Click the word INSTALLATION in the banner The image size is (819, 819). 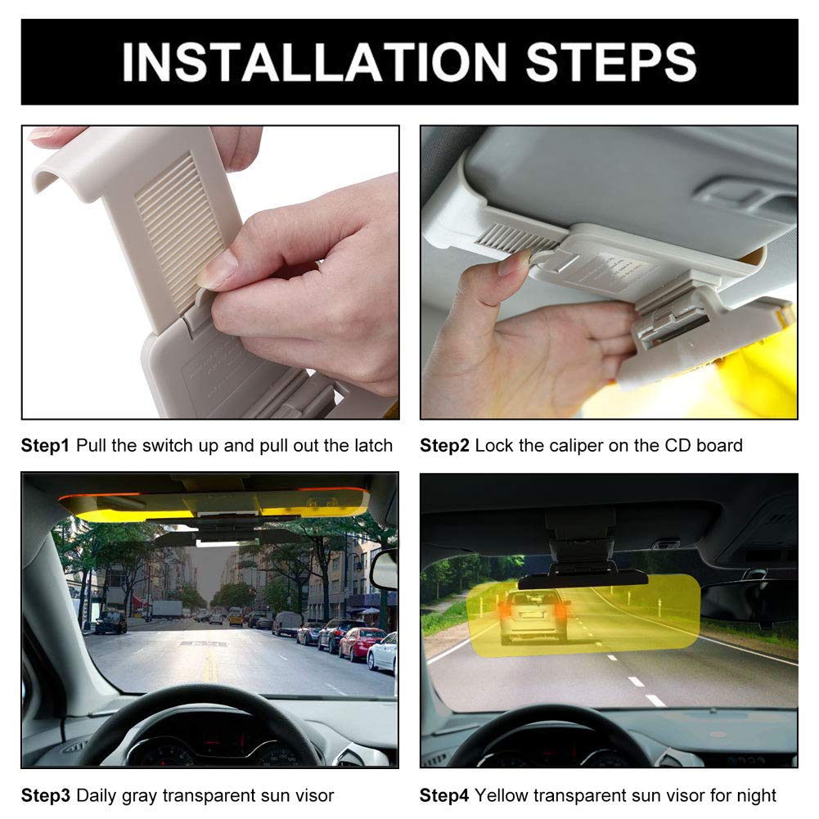(x=315, y=63)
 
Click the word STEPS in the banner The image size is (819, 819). (x=611, y=63)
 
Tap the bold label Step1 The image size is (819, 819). (x=46, y=446)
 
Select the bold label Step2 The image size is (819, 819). (x=445, y=446)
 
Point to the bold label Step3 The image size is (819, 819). (x=46, y=795)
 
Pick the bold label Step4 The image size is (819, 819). (x=445, y=795)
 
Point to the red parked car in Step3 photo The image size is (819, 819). (x=361, y=643)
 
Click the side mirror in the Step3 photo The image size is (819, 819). (x=384, y=569)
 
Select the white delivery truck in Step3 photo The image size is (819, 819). (x=167, y=610)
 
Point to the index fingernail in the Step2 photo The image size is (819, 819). (x=515, y=263)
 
